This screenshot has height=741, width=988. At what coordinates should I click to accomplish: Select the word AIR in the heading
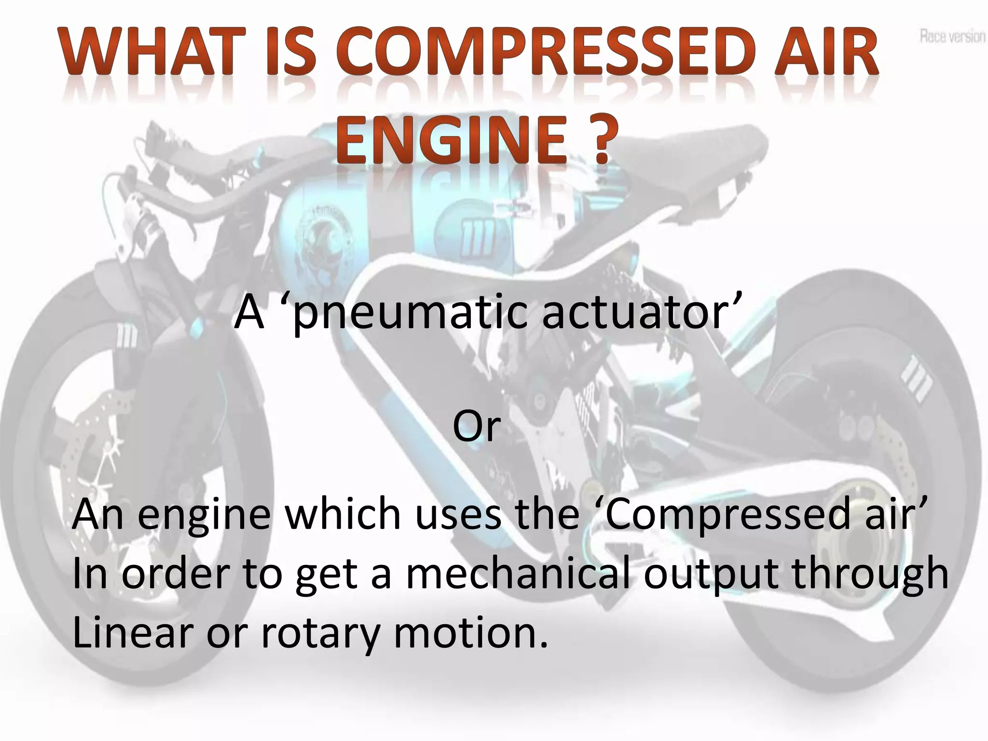click(x=825, y=53)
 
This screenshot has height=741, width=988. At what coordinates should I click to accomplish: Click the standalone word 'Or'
click(x=476, y=426)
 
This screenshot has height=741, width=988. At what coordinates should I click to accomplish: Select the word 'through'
click(x=869, y=574)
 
